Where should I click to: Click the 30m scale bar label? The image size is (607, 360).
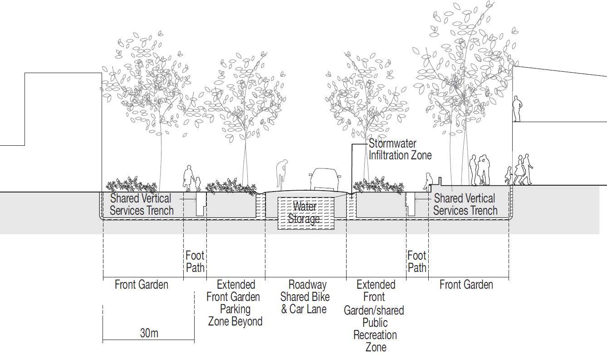(x=149, y=333)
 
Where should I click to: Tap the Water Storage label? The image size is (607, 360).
(x=304, y=212)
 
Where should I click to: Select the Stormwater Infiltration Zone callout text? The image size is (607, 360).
(x=400, y=149)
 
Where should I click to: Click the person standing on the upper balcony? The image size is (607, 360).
(x=517, y=109)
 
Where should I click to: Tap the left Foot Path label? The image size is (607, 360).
(x=195, y=262)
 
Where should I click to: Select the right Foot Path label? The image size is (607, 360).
(x=417, y=262)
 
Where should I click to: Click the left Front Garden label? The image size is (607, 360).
(x=141, y=285)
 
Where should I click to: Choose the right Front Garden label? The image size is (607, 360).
(x=466, y=285)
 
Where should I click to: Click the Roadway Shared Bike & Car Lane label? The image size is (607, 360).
(x=305, y=297)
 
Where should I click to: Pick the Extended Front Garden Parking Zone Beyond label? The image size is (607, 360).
(x=235, y=303)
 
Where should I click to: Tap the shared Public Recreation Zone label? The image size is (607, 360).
(x=375, y=316)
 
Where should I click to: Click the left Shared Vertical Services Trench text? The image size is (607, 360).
(x=141, y=204)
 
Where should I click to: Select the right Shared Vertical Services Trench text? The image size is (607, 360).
(x=465, y=204)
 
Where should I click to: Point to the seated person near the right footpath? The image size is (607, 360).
(x=427, y=181)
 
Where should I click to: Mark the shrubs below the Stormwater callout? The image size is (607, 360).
(x=377, y=186)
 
